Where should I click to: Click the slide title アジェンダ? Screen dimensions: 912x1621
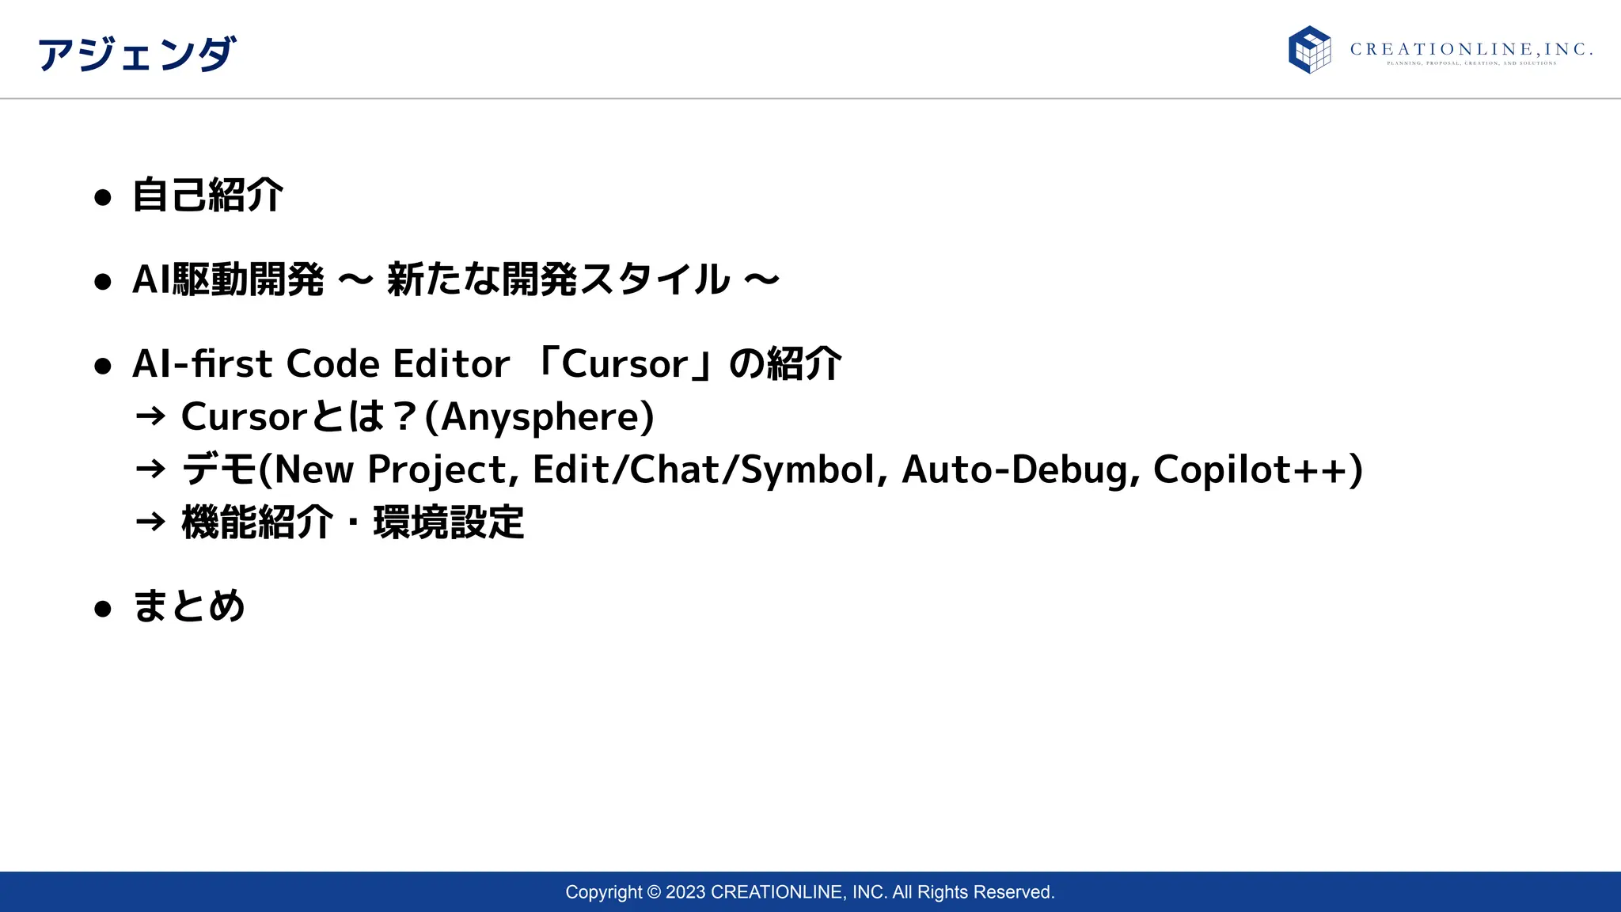tap(136, 55)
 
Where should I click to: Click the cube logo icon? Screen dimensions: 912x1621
tap(1309, 50)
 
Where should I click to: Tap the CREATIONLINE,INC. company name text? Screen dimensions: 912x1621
tap(1471, 50)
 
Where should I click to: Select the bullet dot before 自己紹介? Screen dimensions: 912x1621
tap(102, 197)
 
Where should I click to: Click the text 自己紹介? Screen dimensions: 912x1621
tap(207, 196)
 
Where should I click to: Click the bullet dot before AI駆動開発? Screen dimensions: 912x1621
tap(102, 282)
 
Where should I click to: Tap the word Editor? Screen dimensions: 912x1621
tap(451, 364)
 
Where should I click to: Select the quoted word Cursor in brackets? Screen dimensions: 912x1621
tap(624, 364)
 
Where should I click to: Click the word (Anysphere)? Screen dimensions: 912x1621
tap(540, 417)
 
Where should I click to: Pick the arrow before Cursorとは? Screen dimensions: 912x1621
tap(150, 416)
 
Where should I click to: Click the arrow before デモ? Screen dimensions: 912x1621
tap(150, 469)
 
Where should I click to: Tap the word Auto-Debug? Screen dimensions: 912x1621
tap(1021, 469)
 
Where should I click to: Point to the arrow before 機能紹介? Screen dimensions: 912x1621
tap(150, 522)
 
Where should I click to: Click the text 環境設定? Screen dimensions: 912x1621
tap(448, 522)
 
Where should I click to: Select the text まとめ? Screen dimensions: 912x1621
tap(188, 606)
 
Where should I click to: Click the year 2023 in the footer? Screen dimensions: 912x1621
tap(685, 892)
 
